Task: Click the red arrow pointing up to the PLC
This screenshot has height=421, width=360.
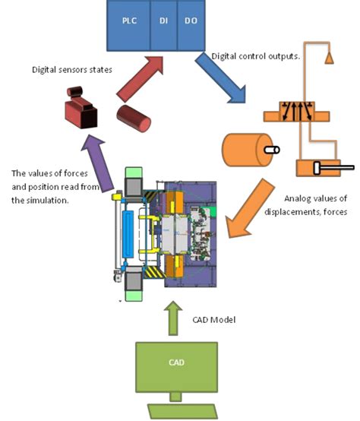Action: point(141,79)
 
